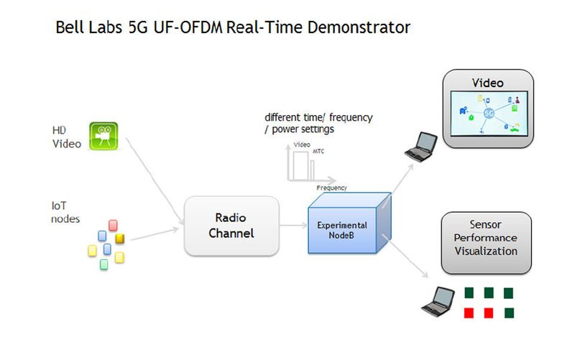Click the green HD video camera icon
pos(103,136)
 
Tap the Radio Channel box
pos(231,226)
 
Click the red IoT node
pos(113,226)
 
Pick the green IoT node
pos(103,264)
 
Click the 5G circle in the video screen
pos(489,114)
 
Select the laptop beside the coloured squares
pos(437,301)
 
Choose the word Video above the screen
pos(487,83)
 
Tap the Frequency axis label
pos(331,188)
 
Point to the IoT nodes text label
pos(65,212)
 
